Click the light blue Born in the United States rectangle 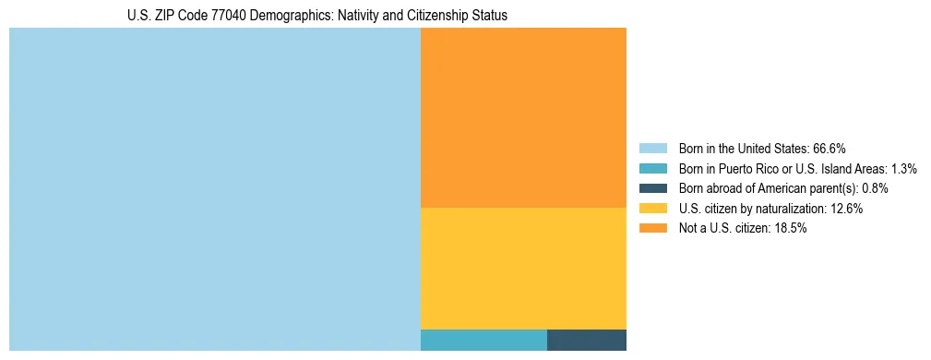(x=214, y=189)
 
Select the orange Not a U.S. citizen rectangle (x=523, y=117)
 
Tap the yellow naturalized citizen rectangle (x=523, y=268)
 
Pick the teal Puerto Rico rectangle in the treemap (x=483, y=340)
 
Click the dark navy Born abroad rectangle (x=587, y=340)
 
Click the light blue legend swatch (x=652, y=148)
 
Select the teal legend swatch (x=652, y=168)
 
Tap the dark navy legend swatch (x=652, y=188)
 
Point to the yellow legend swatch (x=652, y=209)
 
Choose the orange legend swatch (x=652, y=229)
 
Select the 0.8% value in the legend (x=875, y=188)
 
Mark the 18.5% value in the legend (x=791, y=229)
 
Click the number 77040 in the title (x=231, y=17)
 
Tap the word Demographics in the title (x=295, y=17)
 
